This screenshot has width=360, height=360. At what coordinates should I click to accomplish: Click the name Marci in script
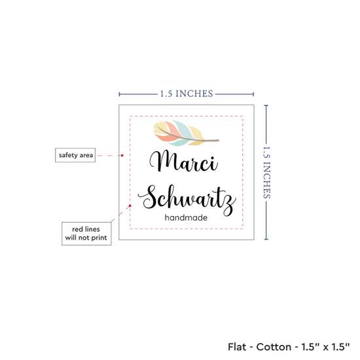(184, 161)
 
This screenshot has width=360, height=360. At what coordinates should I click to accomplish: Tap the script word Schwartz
(187, 199)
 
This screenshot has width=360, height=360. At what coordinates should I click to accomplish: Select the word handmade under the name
(186, 217)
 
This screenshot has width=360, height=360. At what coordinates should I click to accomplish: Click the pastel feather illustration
(186, 133)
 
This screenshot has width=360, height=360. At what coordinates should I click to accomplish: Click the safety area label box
(75, 155)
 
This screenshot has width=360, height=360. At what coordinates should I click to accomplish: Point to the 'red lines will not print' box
(86, 234)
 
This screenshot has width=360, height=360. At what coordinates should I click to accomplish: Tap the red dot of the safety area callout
(122, 155)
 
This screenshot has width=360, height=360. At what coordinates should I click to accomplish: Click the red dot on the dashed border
(130, 206)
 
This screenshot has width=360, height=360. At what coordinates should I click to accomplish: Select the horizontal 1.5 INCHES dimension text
(187, 94)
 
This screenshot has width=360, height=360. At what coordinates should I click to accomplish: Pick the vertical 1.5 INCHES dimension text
(266, 172)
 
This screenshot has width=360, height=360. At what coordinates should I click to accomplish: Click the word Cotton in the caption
(274, 347)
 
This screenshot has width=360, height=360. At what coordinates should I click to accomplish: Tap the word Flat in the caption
(236, 347)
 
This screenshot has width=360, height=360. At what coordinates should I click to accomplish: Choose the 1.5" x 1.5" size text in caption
(325, 347)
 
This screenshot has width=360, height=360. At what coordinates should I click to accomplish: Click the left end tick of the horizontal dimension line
(119, 94)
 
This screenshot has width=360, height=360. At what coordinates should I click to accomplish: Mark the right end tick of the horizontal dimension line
(253, 94)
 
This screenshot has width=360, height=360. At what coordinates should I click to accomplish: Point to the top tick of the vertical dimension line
(266, 105)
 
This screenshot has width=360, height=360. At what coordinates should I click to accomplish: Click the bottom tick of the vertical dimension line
(266, 239)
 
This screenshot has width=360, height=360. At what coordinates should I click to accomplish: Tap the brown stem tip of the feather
(219, 140)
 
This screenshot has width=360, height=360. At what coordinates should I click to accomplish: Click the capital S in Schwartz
(149, 197)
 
